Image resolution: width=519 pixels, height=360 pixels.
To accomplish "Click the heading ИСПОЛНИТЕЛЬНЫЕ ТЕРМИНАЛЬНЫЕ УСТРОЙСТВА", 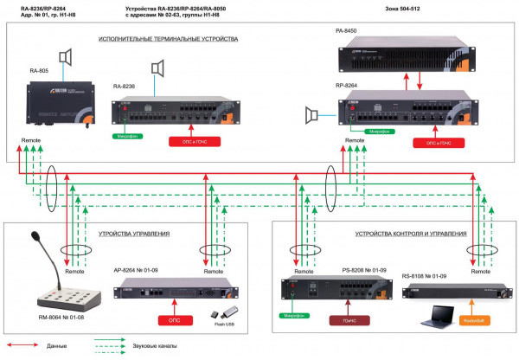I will [x=168, y=39].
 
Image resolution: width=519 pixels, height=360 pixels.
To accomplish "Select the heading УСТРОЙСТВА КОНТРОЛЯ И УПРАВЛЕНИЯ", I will [x=411, y=234].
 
